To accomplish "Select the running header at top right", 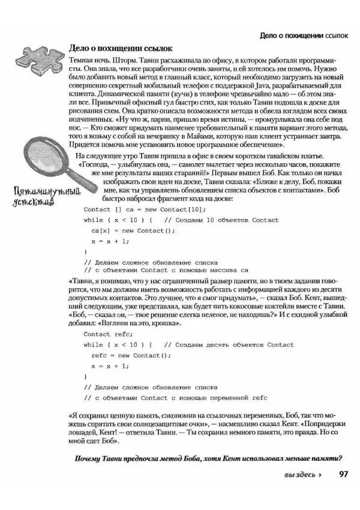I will (304, 36).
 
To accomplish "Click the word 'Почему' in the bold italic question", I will (88, 459).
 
